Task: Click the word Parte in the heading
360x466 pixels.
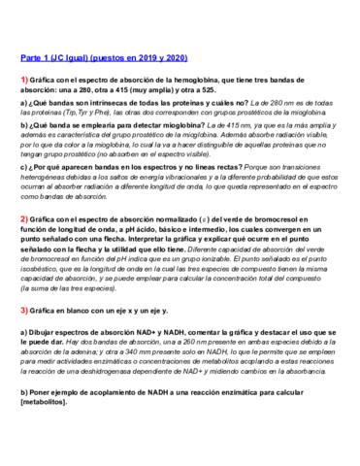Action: pyautogui.click(x=32, y=57)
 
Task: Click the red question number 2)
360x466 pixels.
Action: pyautogui.click(x=25, y=220)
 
